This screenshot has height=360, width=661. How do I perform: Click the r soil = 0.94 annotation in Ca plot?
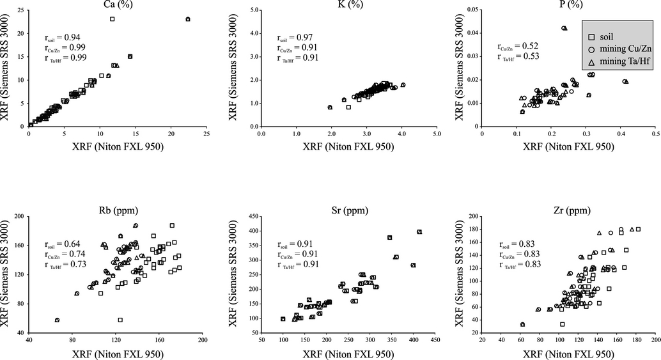point(65,38)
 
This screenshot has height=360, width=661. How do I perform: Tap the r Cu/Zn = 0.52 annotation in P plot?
point(518,46)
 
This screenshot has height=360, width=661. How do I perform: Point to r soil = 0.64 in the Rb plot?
point(65,244)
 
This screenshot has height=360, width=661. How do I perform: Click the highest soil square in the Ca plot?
point(112,19)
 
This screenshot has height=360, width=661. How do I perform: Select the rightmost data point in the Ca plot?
point(188,19)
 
